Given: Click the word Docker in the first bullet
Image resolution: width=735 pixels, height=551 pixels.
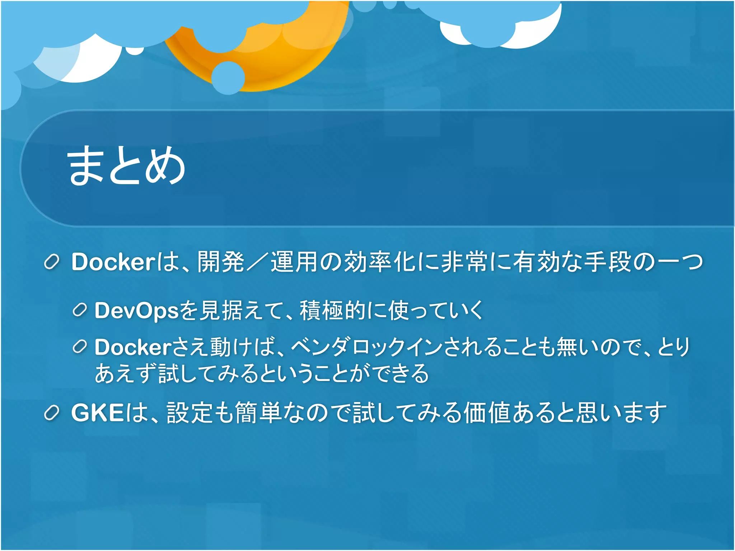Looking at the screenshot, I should tap(113, 262).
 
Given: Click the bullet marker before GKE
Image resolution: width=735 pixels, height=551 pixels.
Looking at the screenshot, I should tap(51, 413).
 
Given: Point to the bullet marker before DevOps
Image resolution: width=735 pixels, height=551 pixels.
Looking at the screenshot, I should tap(80, 310).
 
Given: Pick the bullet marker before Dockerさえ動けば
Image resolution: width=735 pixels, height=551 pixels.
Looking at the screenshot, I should tap(80, 347).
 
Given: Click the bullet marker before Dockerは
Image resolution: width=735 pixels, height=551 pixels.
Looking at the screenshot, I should tap(51, 262).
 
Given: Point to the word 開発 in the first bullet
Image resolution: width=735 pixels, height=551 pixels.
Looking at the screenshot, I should tap(221, 262).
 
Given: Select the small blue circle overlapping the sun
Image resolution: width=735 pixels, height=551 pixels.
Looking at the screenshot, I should tap(228, 77).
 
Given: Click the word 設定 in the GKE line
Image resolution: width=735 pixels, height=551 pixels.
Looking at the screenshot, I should tap(191, 413).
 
